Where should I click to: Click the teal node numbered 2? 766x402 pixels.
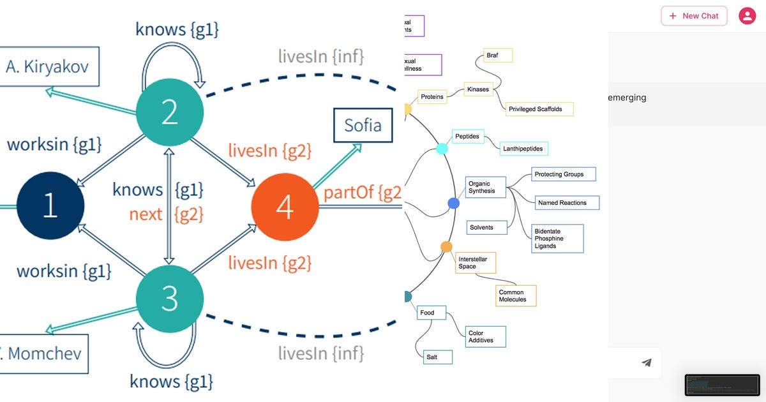tap(170, 113)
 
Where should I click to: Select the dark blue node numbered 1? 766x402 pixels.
tap(50, 206)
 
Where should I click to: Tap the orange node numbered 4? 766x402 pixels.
tap(285, 206)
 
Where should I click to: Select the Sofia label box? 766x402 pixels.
tap(363, 125)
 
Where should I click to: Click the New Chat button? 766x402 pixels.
tap(694, 16)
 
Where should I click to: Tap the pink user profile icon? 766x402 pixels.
tap(747, 16)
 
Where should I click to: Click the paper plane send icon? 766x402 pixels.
tap(647, 363)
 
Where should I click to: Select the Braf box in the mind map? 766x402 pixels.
tap(498, 56)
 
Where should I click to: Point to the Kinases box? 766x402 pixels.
tap(478, 89)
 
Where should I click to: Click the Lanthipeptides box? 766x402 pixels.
tap(523, 149)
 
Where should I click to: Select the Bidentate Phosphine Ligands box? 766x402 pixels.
tap(558, 239)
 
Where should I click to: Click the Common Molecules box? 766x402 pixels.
tap(515, 296)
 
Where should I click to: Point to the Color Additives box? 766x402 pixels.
tap(484, 337)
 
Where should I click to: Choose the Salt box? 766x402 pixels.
tap(437, 357)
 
